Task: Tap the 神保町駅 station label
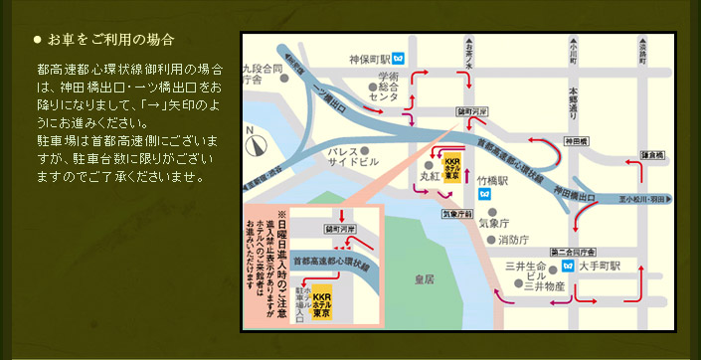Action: (366, 58)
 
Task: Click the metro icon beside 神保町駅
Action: (398, 58)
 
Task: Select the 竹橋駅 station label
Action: (493, 181)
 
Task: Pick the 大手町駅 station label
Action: (601, 267)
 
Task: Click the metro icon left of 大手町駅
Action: (568, 267)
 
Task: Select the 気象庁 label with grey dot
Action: (494, 224)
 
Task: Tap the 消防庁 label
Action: (513, 240)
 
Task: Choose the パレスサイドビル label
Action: (354, 155)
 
